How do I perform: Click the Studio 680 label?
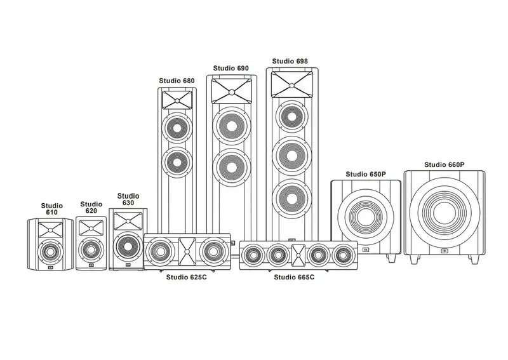coord(177,81)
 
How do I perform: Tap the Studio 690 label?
coord(231,68)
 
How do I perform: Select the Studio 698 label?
coord(290,62)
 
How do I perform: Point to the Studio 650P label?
coord(365,174)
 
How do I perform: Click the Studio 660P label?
coord(444,165)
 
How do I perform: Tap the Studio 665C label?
coord(294,277)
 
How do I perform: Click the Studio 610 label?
coord(52,210)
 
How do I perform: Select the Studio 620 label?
coord(91,208)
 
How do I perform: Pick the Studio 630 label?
coord(128,199)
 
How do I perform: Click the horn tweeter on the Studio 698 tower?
coord(293,82)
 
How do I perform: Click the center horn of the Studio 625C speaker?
coord(188,251)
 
